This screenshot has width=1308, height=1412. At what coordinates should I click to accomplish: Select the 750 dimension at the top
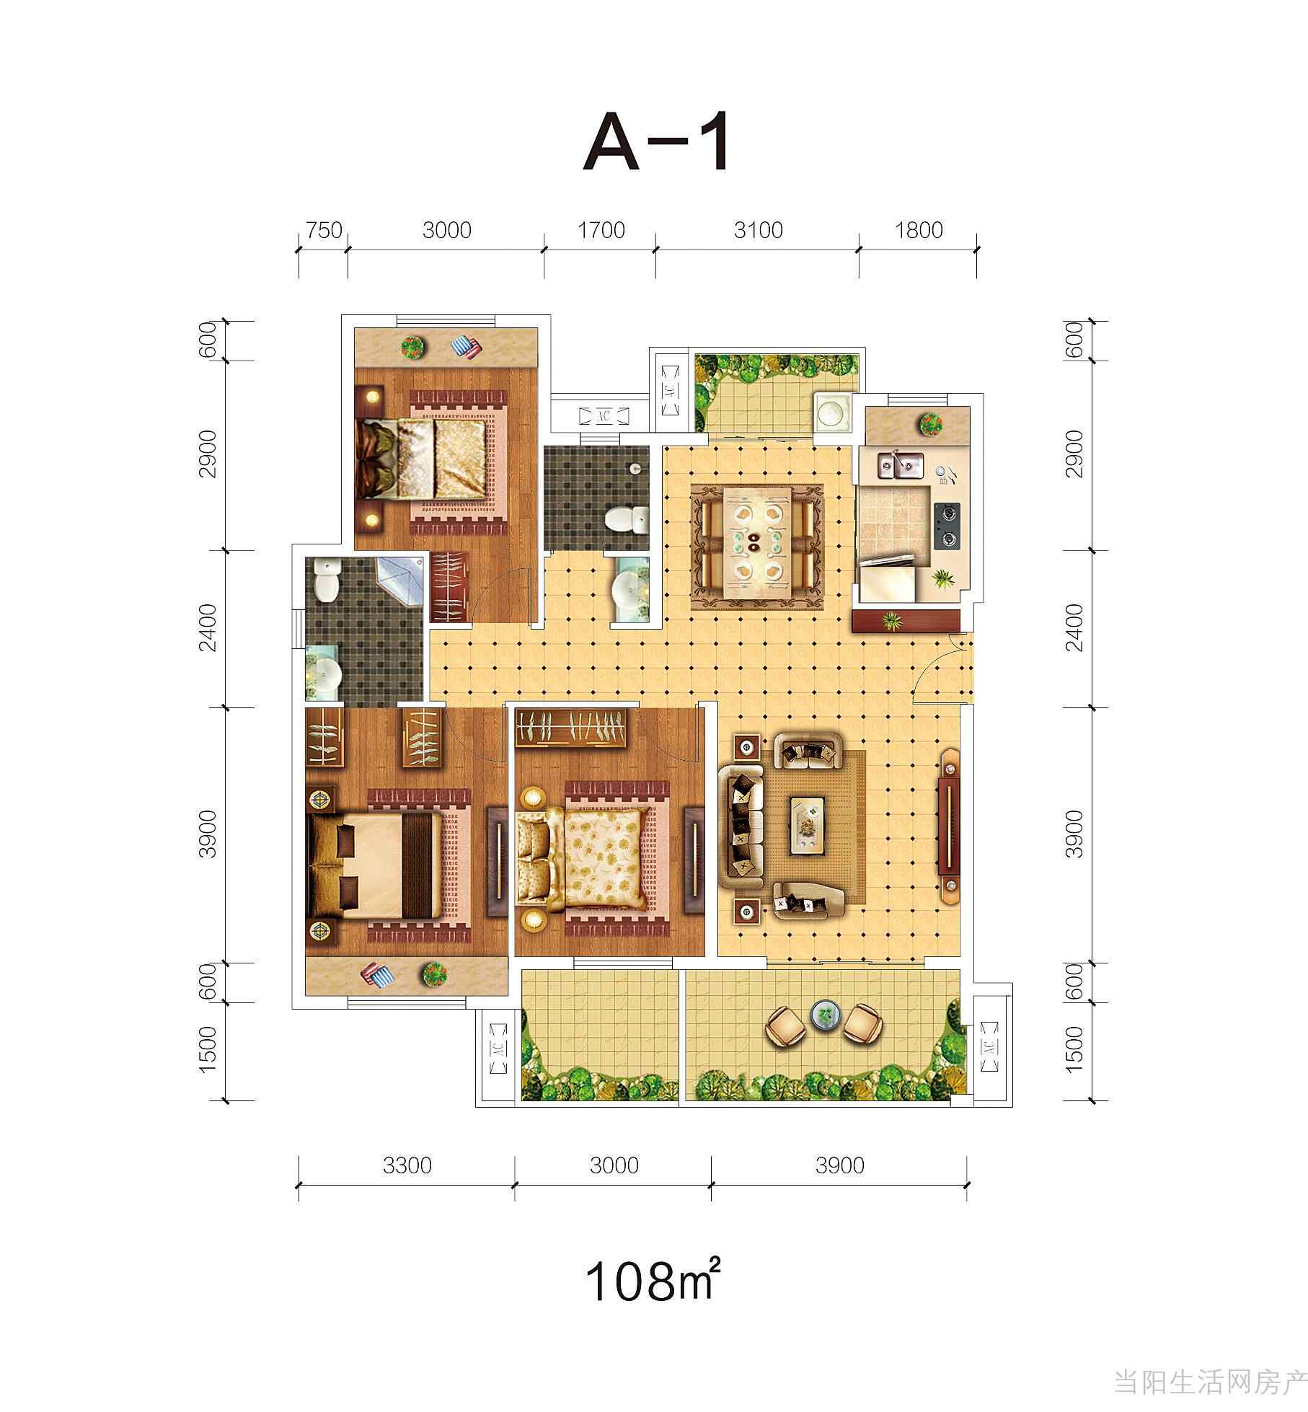324,230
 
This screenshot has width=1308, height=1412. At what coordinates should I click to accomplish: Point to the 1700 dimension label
601,230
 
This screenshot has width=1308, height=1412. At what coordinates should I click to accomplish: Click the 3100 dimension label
758,230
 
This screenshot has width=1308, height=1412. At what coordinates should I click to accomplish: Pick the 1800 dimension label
919,230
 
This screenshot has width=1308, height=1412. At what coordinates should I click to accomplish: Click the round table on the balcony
826,1015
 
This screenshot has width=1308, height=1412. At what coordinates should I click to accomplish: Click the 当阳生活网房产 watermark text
1209,1383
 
